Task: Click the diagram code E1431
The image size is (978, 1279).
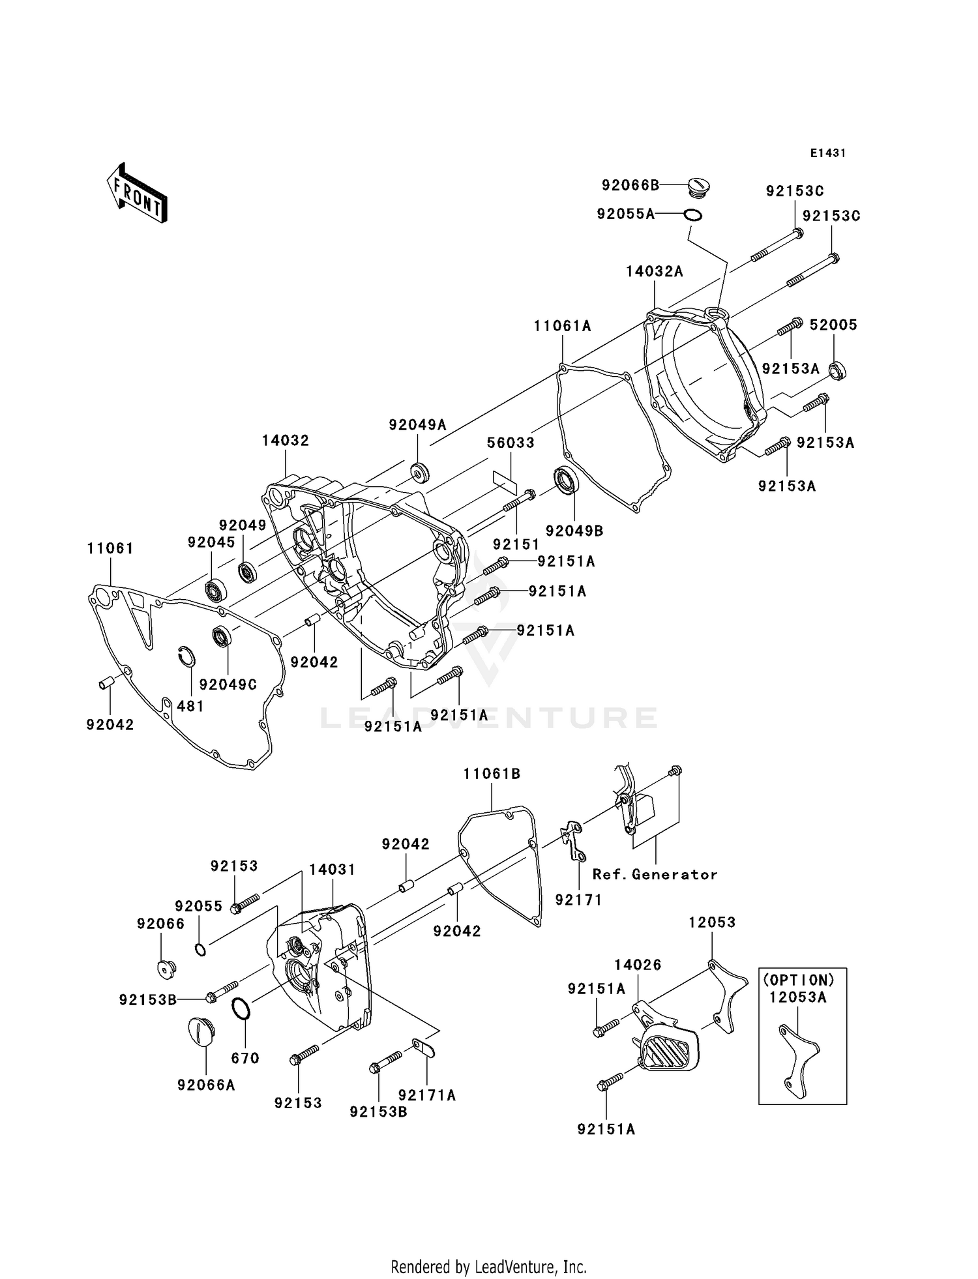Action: [x=827, y=153]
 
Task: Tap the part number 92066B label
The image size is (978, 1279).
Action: [x=630, y=185]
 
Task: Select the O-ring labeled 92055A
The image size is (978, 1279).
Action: [x=692, y=214]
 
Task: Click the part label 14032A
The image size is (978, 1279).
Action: [x=654, y=272]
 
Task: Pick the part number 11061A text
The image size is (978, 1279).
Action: [x=562, y=326]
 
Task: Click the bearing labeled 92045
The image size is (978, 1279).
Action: [x=214, y=590]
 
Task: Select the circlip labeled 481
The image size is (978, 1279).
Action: [x=186, y=657]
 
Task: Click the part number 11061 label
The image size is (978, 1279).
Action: [x=110, y=548]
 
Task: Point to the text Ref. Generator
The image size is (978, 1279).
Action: [x=655, y=875]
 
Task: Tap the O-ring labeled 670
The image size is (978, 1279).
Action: [x=241, y=1008]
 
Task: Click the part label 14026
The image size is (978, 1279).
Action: [x=637, y=965]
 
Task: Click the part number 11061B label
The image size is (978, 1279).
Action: [x=492, y=774]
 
